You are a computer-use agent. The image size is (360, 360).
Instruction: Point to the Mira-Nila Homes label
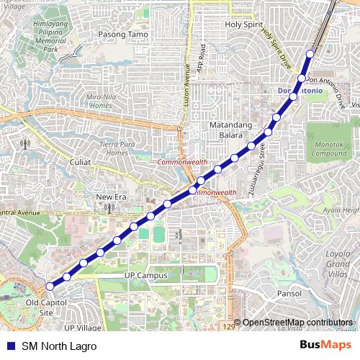click(x=102, y=99)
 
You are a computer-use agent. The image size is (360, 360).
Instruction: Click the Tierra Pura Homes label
click(x=117, y=148)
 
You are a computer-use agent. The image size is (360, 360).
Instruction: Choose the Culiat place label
click(x=80, y=162)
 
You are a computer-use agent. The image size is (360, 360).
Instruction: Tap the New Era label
click(x=112, y=197)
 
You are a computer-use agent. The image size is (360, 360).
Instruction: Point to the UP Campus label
click(x=145, y=276)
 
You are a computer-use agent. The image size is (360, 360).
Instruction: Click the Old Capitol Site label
click(x=40, y=308)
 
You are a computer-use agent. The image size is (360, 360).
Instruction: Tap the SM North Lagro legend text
click(x=58, y=346)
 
